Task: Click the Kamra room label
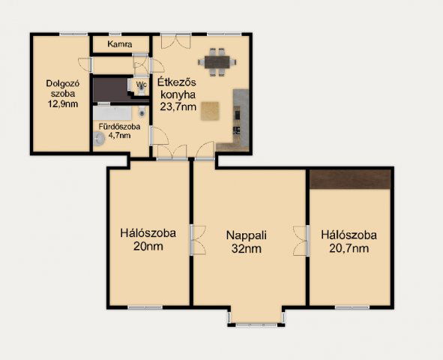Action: click(x=120, y=44)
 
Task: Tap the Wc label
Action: click(x=141, y=85)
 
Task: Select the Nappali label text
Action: click(x=247, y=235)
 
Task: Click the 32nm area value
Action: click(x=247, y=249)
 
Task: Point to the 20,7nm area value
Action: click(x=349, y=248)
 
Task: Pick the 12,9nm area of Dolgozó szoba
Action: click(x=63, y=104)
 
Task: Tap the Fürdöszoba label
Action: click(x=119, y=127)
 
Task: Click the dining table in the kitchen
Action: click(x=217, y=62)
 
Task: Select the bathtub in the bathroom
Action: click(x=112, y=113)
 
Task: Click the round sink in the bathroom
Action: click(x=100, y=139)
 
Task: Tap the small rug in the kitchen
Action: click(x=210, y=111)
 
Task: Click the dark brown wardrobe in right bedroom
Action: click(x=350, y=179)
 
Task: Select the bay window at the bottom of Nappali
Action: click(x=256, y=325)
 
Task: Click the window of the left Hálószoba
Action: click(x=145, y=307)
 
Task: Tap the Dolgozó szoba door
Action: click(x=85, y=64)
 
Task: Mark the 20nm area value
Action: click(x=148, y=247)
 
